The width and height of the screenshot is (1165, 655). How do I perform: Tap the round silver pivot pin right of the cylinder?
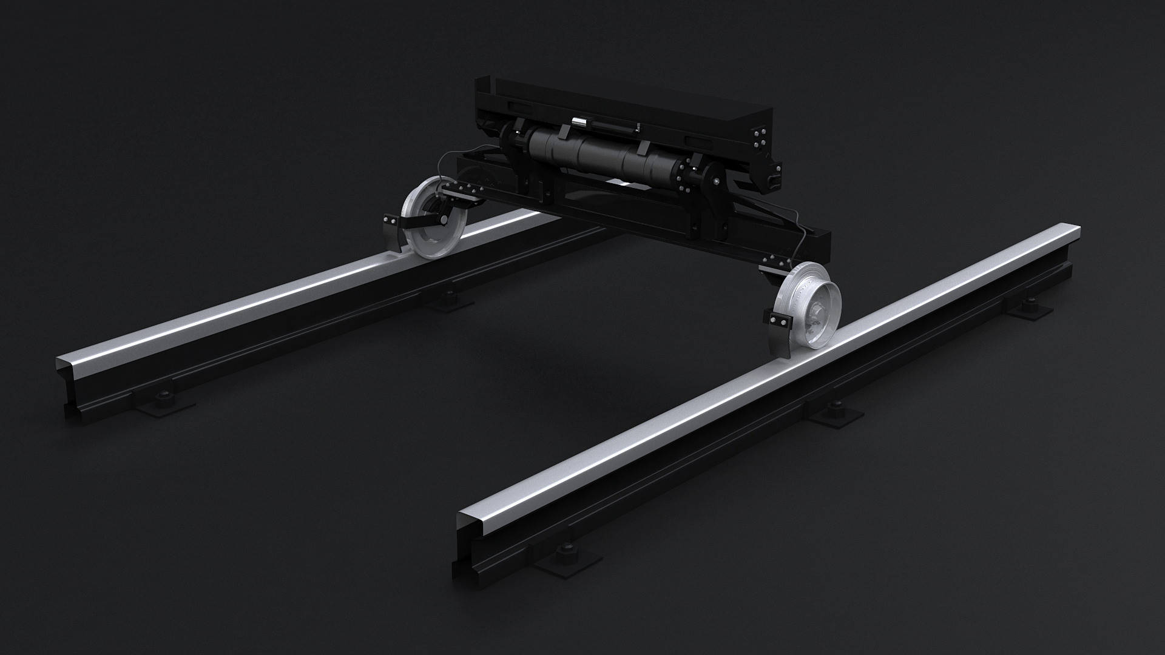[717, 181]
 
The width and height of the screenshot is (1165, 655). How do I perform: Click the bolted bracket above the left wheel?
[461, 193]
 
